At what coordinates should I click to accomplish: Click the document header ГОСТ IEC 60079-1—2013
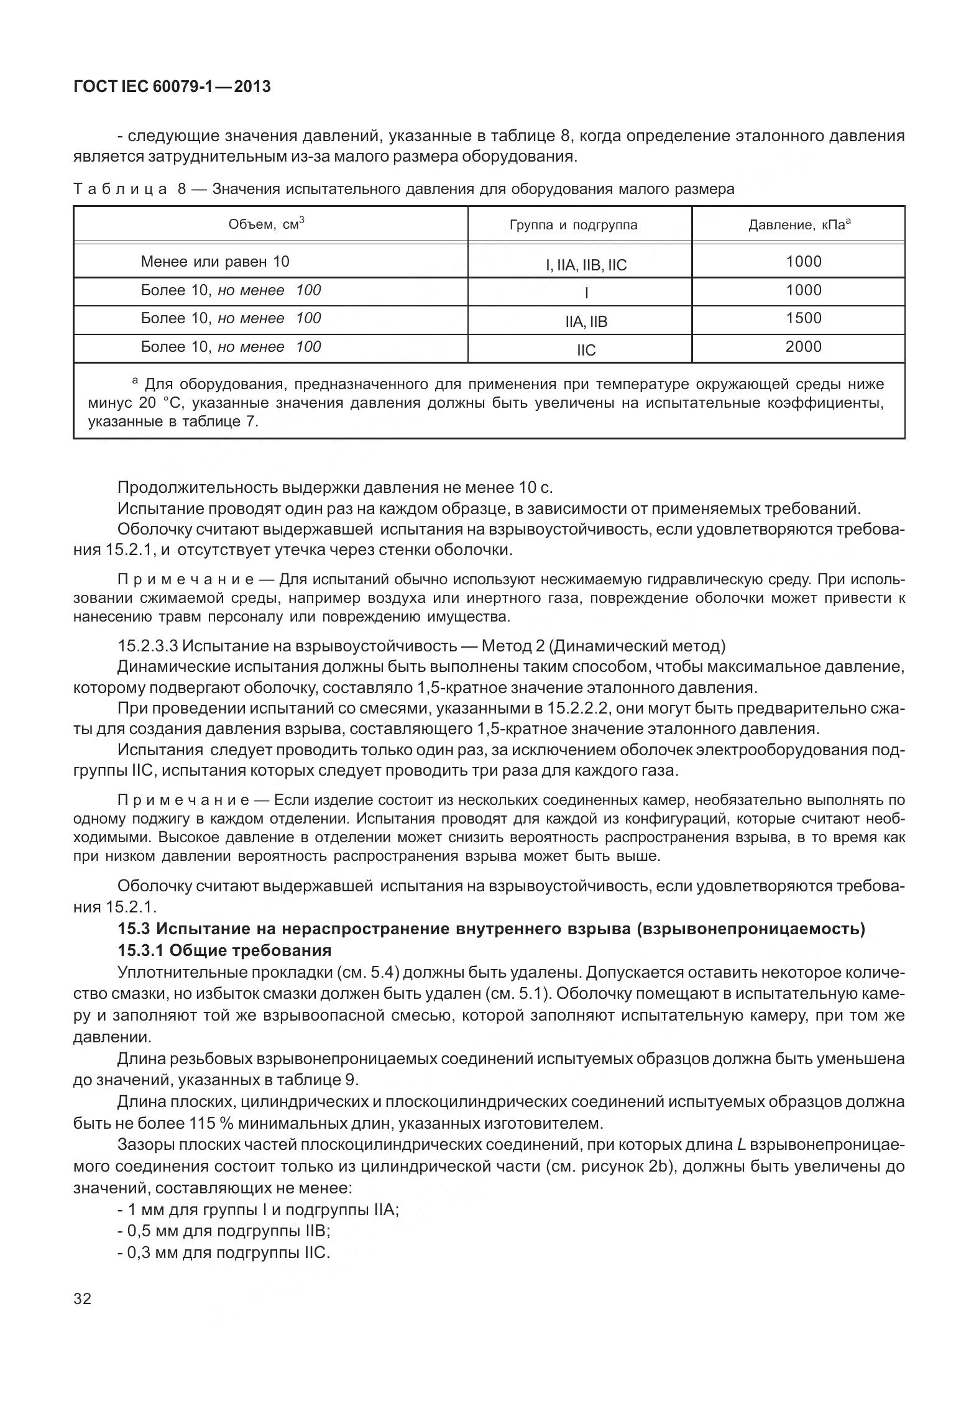(172, 87)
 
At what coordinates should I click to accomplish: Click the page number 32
(82, 1298)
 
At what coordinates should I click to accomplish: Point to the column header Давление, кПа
(799, 225)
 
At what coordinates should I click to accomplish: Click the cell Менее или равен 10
(215, 262)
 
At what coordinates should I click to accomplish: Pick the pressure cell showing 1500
(803, 318)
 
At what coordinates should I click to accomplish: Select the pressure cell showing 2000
(803, 347)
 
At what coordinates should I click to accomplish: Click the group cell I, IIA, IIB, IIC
(586, 266)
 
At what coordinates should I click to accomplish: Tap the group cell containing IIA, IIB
(586, 322)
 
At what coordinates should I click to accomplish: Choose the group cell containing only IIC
(586, 351)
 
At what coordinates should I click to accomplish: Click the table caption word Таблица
(120, 189)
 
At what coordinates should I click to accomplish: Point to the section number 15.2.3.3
(148, 646)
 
